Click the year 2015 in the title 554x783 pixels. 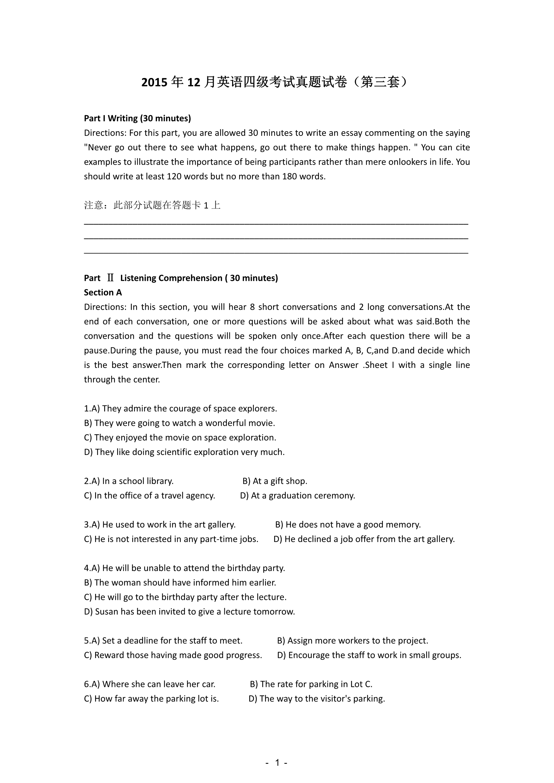(154, 83)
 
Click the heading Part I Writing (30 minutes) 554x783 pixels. (137, 118)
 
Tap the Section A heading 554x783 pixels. (103, 293)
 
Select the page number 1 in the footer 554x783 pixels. (277, 763)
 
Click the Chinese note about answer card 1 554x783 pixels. (152, 205)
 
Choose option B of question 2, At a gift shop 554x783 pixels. (275, 481)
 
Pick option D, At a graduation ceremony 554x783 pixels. (297, 495)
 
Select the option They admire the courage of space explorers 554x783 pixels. (181, 408)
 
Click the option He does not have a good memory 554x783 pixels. (348, 525)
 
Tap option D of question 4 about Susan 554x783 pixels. (189, 612)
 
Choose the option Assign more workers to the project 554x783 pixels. (352, 640)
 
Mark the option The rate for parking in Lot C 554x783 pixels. (311, 684)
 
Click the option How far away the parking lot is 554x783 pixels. (151, 698)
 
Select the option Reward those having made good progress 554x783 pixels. (173, 655)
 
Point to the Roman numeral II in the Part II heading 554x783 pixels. (110, 278)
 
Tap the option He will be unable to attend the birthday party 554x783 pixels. (185, 568)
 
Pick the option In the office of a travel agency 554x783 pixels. (149, 495)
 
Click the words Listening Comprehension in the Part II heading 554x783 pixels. (171, 278)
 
